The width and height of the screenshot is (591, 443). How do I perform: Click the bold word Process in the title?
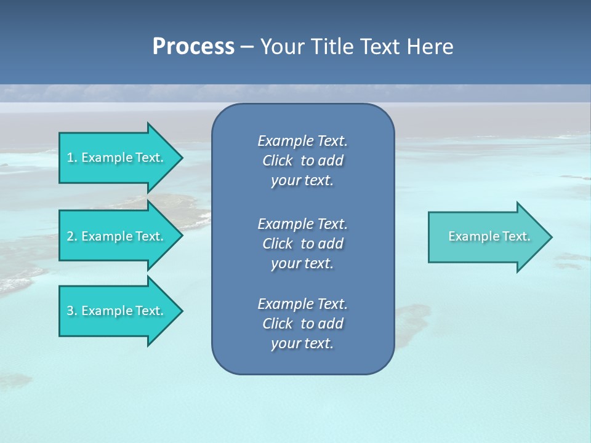[193, 47]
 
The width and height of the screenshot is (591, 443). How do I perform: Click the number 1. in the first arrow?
[72, 158]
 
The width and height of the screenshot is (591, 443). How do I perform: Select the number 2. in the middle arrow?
[72, 236]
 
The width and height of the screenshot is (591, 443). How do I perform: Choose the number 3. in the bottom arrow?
[72, 311]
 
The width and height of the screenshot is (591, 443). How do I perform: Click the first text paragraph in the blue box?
[302, 161]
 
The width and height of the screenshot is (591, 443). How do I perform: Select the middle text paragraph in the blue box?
[302, 243]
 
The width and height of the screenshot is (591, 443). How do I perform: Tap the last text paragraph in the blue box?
[302, 324]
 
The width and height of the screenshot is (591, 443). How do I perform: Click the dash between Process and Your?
[247, 47]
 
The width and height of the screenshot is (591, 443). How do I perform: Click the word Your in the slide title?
[283, 47]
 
